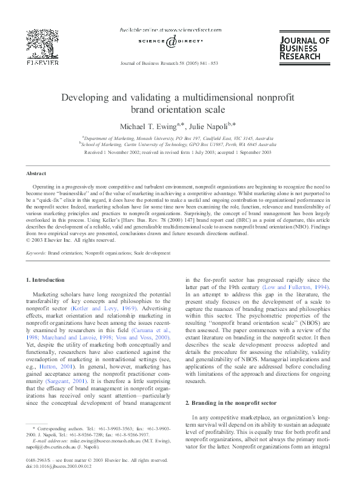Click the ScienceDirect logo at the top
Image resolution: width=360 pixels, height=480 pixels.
tap(179, 41)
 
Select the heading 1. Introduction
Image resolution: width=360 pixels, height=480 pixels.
tap(46, 279)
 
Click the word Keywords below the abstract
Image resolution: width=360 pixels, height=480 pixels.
tap(36, 251)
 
